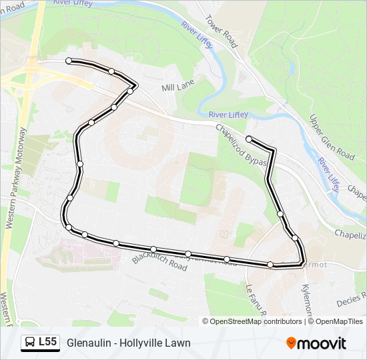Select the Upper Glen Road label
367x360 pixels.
coord(332,137)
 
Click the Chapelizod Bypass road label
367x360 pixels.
coord(242,144)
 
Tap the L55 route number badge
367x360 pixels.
coord(47,342)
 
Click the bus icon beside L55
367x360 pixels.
coord(30,343)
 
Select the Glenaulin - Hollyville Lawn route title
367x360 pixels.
coord(129,343)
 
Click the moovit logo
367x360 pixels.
coord(316,343)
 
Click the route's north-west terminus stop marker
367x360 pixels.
coord(69,61)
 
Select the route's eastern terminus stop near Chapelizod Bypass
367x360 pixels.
coord(248,139)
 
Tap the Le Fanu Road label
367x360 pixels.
coord(257,300)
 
